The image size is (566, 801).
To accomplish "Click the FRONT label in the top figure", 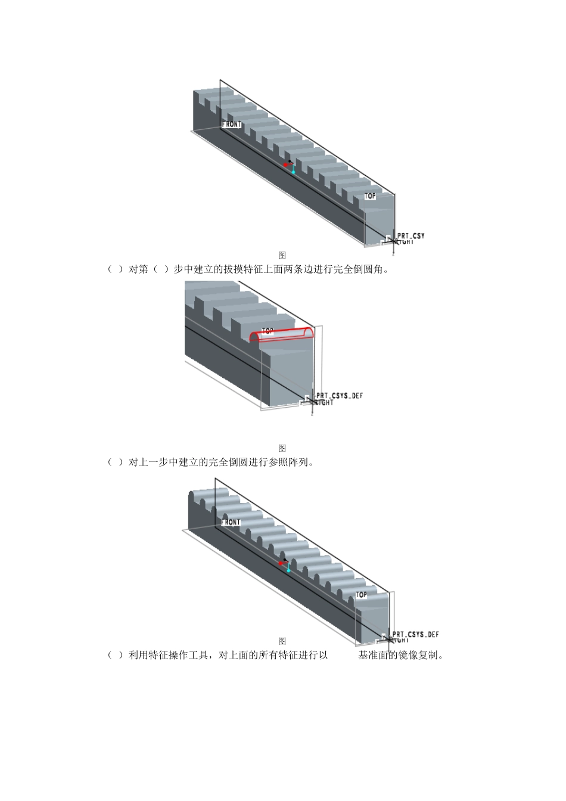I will (x=232, y=125).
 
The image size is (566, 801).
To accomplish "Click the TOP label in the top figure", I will (x=370, y=196).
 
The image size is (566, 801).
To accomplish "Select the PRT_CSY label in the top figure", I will (x=411, y=236).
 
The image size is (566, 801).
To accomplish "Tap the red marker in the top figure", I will (x=286, y=164).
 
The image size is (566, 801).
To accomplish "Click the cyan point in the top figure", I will (x=293, y=172).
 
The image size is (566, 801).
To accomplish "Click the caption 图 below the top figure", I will (x=282, y=255).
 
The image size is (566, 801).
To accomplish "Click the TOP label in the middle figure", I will (x=268, y=331).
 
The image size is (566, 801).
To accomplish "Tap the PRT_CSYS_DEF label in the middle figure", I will (x=339, y=396).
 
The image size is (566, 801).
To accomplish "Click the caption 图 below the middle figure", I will (x=282, y=448).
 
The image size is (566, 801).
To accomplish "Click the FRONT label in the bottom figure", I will (x=231, y=523).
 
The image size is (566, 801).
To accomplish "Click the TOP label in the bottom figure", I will (x=361, y=595).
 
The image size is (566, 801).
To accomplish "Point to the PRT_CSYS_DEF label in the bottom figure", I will (x=415, y=635).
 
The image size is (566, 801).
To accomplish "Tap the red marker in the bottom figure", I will (x=281, y=563).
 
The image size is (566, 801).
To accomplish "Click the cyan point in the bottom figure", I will (x=288, y=570).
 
